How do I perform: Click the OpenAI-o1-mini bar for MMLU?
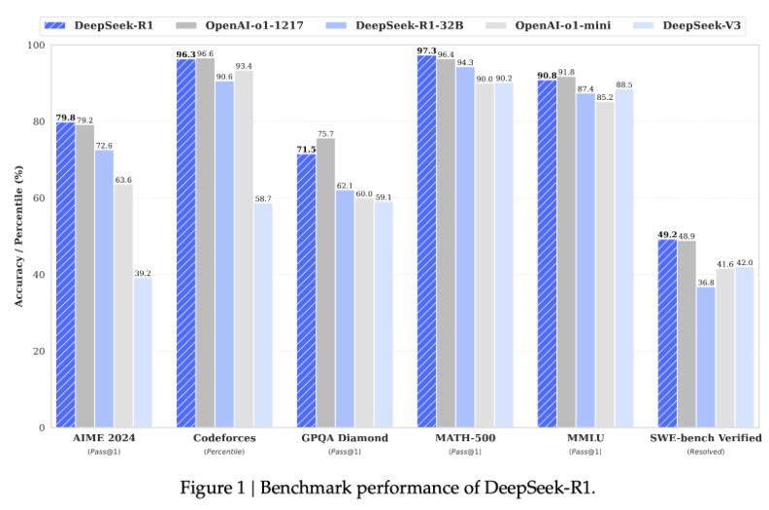pos(605,263)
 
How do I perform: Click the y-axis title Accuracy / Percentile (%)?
pos(17,235)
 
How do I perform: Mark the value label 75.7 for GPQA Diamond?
pos(326,133)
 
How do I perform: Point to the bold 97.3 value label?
pos(425,50)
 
